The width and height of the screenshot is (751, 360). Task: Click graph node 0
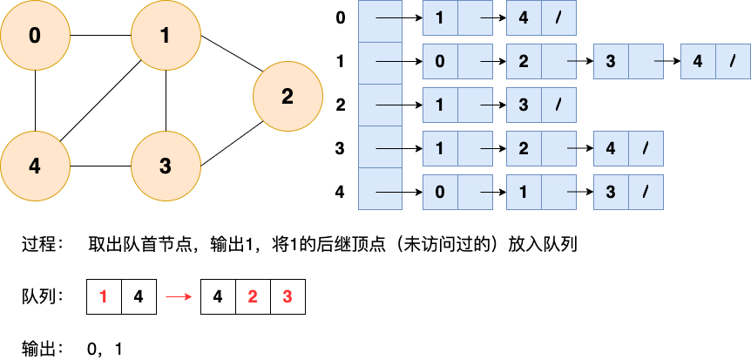pyautogui.click(x=35, y=36)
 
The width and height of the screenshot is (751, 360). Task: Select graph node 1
pyautogui.click(x=166, y=36)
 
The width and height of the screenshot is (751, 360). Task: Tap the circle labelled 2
pyautogui.click(x=288, y=97)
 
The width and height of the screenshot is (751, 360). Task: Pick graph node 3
pyautogui.click(x=166, y=166)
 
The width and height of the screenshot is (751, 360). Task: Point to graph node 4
pyautogui.click(x=35, y=166)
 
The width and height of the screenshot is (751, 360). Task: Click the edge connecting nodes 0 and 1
pyautogui.click(x=100, y=36)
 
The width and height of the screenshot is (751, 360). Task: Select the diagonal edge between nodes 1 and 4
pyautogui.click(x=100, y=101)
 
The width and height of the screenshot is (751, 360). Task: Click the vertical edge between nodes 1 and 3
pyautogui.click(x=166, y=101)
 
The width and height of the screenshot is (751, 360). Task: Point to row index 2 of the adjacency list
pyautogui.click(x=340, y=105)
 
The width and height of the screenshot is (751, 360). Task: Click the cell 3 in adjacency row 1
pyautogui.click(x=611, y=62)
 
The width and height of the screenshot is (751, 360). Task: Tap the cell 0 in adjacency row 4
pyautogui.click(x=440, y=191)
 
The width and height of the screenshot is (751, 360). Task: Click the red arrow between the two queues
pyautogui.click(x=179, y=296)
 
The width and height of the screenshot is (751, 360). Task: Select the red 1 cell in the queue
pyautogui.click(x=104, y=296)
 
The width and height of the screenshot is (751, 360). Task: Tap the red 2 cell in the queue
pyautogui.click(x=253, y=296)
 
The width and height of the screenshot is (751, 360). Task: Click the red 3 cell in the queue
pyautogui.click(x=288, y=296)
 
